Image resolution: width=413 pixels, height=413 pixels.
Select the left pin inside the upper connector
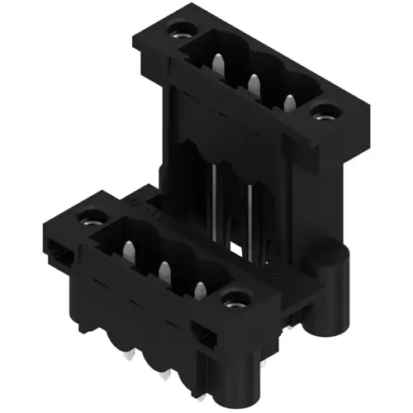[x=217, y=64]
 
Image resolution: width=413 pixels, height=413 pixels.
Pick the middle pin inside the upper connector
[x=254, y=83]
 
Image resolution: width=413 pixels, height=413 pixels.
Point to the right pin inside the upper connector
[x=288, y=102]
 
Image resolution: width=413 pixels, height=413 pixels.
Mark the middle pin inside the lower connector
[x=164, y=268]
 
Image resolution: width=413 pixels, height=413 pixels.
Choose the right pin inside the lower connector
[x=199, y=287]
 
